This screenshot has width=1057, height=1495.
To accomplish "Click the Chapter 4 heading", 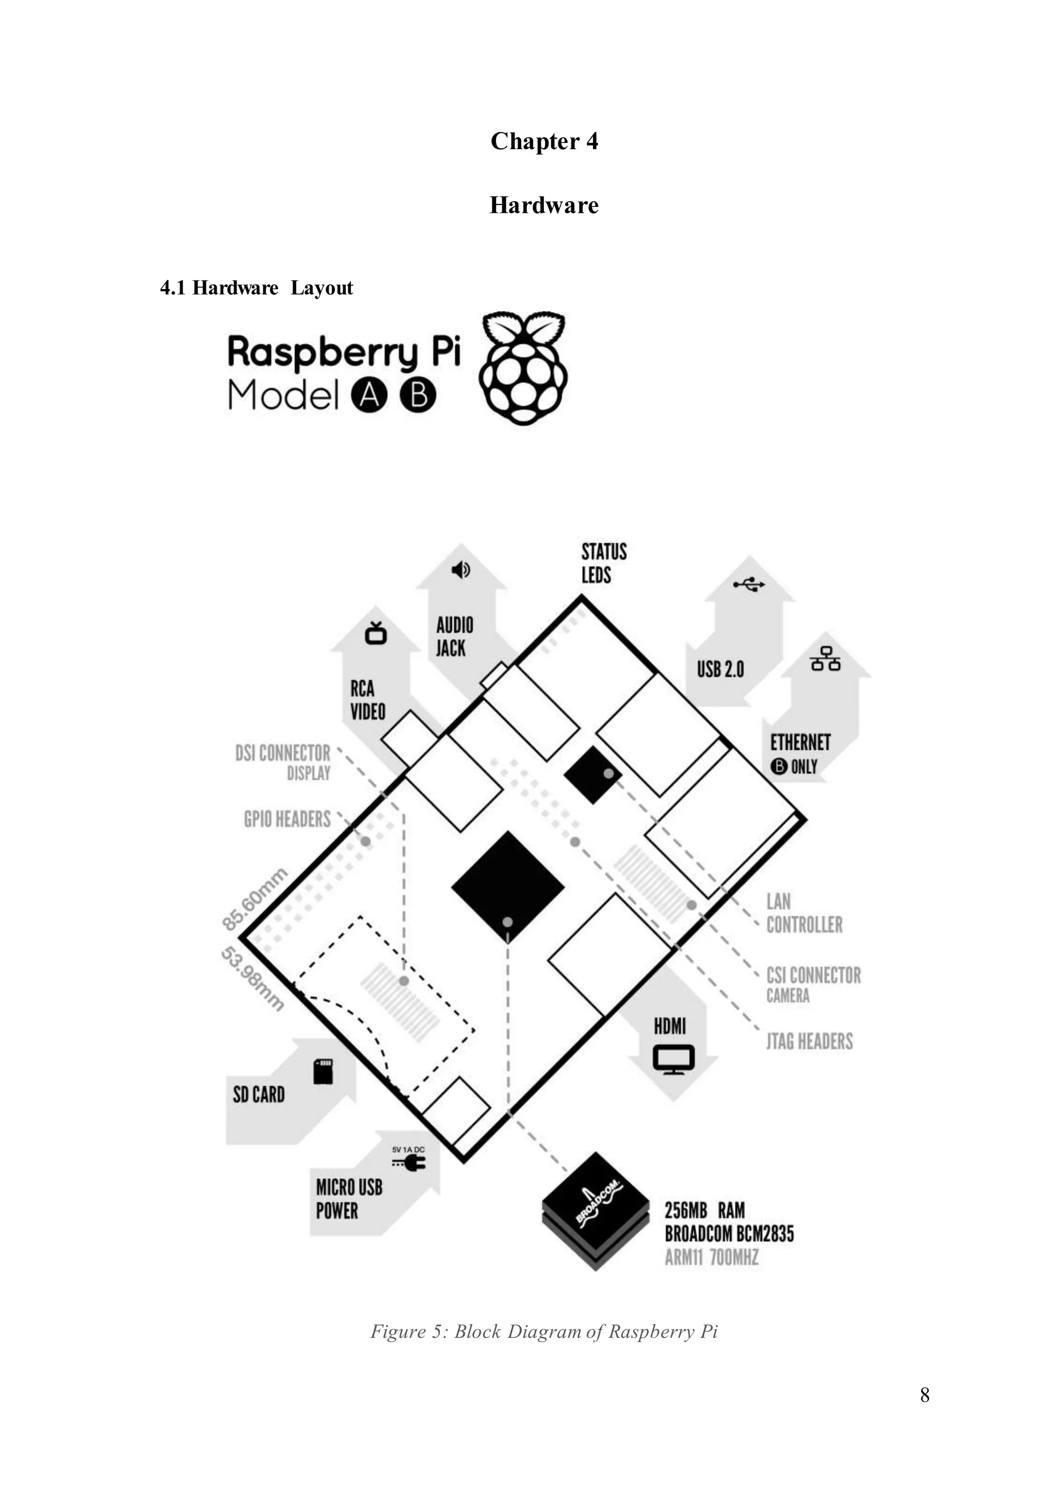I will click(x=544, y=141).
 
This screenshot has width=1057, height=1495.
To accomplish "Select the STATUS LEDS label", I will click(x=603, y=563).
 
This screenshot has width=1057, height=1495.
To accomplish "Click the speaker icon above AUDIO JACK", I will click(x=461, y=570).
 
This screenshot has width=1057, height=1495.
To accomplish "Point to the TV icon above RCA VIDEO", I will click(x=376, y=633).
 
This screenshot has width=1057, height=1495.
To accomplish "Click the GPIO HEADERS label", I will click(x=287, y=819).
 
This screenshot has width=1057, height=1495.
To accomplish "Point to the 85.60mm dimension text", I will click(x=254, y=899).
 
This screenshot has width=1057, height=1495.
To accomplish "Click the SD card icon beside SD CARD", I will click(x=323, y=1071).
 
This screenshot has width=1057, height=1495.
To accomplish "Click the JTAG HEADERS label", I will click(x=809, y=1041).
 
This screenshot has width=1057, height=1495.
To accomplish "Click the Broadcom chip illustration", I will click(x=596, y=1211).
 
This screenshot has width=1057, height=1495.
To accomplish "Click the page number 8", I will click(x=924, y=1395).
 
